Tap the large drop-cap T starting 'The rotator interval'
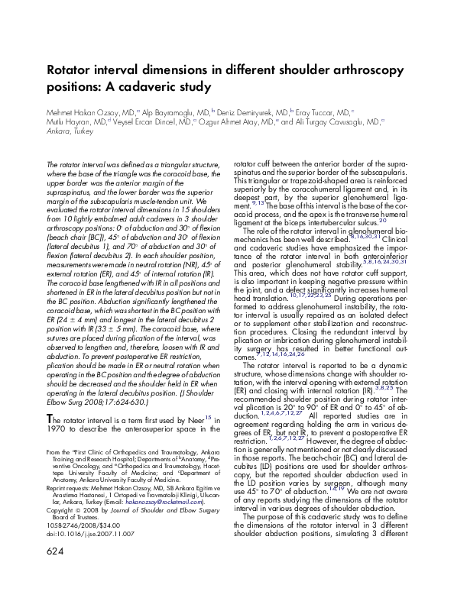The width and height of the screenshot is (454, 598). [50, 419]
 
